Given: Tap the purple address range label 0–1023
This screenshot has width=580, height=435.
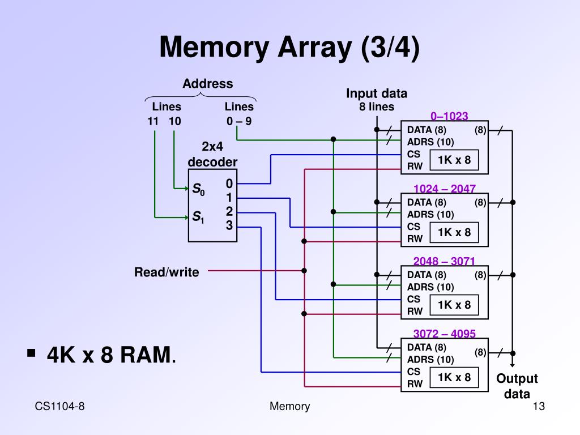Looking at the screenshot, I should pyautogui.click(x=449, y=116).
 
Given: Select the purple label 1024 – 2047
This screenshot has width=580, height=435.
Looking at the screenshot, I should pyautogui.click(x=445, y=189).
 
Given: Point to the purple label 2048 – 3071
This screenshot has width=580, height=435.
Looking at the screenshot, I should pyautogui.click(x=444, y=261).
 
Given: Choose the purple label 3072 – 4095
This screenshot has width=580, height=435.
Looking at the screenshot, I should pyautogui.click(x=445, y=334).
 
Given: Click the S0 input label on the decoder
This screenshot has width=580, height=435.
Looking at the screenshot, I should pyautogui.click(x=198, y=189).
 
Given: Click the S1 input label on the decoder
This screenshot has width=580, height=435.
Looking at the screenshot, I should pyautogui.click(x=198, y=217).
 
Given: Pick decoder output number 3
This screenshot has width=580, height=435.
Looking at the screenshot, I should pyautogui.click(x=229, y=225).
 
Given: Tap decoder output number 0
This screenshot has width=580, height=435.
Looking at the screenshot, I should pyautogui.click(x=229, y=184).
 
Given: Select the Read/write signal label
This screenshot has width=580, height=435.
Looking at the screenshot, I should pyautogui.click(x=167, y=272).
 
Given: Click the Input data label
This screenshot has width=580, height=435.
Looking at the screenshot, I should pyautogui.click(x=377, y=93).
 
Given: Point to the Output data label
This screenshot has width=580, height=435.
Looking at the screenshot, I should pyautogui.click(x=517, y=386).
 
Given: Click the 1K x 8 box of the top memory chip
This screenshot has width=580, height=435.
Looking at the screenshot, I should pyautogui.click(x=454, y=160).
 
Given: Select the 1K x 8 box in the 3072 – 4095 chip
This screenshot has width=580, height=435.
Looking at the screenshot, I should pyautogui.click(x=454, y=377).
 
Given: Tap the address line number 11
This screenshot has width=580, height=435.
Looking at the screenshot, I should pyautogui.click(x=153, y=121).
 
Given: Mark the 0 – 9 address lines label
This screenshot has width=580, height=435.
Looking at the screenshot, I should pyautogui.click(x=239, y=121).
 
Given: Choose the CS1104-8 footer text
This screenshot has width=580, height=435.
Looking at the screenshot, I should pyautogui.click(x=60, y=406).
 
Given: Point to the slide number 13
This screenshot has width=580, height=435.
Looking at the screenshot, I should pyautogui.click(x=539, y=406).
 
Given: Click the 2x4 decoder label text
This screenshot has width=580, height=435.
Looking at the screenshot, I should pyautogui.click(x=212, y=155).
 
